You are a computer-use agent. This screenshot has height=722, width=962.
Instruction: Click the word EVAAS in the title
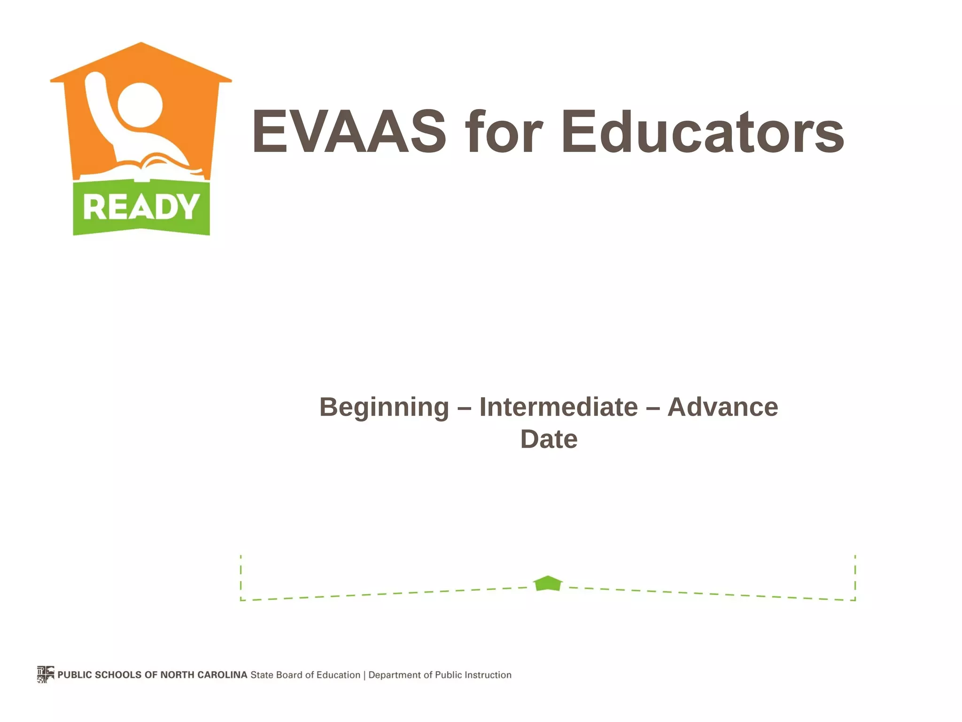(x=349, y=132)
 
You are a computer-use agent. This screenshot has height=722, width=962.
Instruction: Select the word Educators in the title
(x=702, y=132)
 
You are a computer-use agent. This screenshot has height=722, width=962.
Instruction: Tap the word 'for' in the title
(x=504, y=132)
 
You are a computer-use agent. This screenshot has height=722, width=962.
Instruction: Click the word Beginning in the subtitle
(x=384, y=407)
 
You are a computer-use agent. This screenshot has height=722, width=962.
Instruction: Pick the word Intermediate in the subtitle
(x=558, y=407)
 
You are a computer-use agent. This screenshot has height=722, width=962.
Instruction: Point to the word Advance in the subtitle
(x=722, y=407)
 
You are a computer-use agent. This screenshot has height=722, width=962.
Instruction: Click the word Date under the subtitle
(x=549, y=439)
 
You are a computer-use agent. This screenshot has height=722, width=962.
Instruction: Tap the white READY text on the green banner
(x=141, y=207)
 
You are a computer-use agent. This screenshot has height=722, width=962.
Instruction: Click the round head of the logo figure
(x=140, y=105)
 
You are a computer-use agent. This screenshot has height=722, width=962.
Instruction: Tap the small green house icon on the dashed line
(x=548, y=583)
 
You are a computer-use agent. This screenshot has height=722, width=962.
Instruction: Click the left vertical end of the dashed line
(x=241, y=578)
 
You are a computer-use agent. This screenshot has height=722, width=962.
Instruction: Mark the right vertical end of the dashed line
(x=855, y=578)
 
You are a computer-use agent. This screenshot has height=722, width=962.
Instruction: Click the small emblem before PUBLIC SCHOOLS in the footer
(x=46, y=675)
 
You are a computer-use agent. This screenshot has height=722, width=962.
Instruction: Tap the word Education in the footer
(x=338, y=675)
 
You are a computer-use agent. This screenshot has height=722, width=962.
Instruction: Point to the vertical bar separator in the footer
(x=365, y=675)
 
